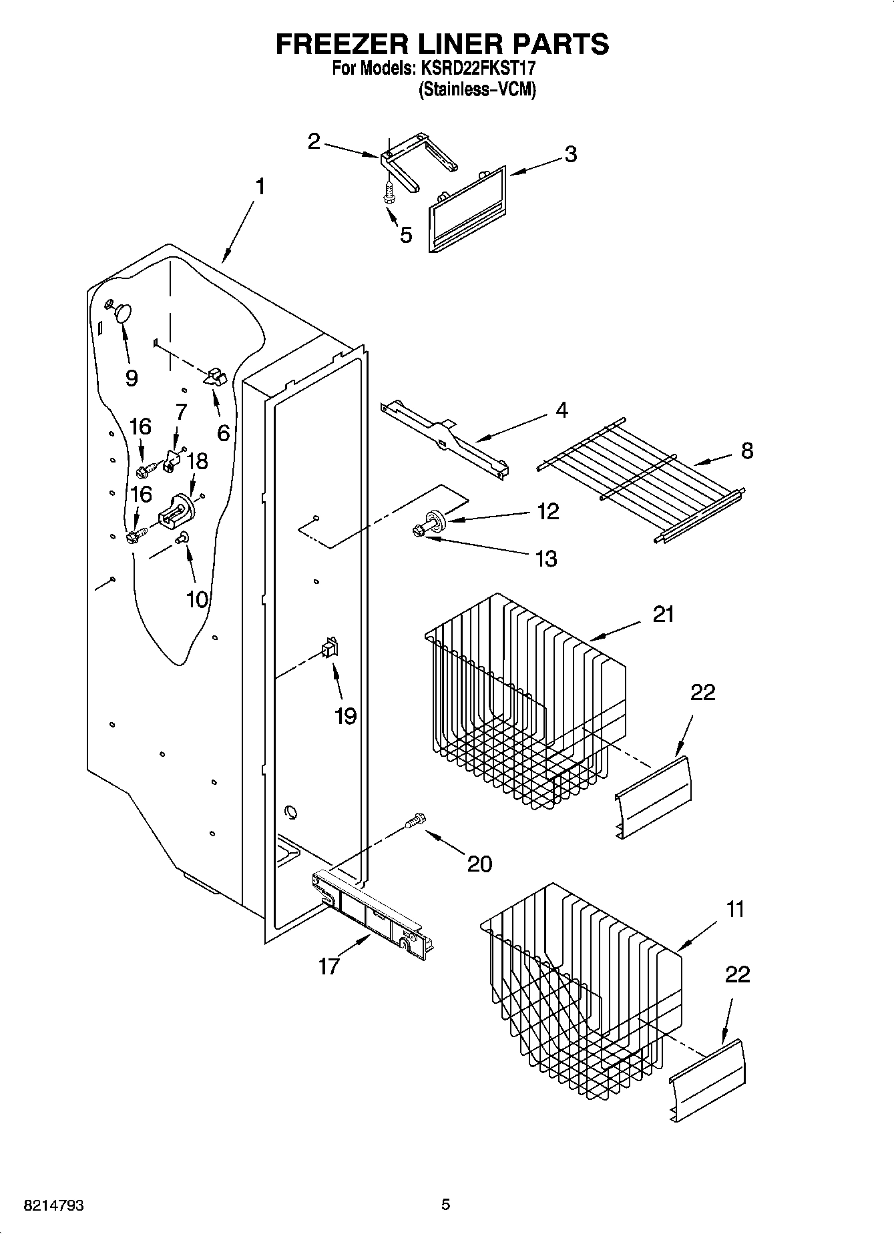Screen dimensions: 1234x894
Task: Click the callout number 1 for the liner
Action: coord(260,186)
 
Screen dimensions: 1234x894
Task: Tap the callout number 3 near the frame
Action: coord(570,154)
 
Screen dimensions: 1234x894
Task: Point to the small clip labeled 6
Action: coord(215,377)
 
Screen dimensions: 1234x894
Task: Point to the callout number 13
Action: coord(546,559)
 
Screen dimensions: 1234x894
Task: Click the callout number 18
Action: coord(198,461)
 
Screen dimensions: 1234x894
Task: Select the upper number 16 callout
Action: coord(140,426)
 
